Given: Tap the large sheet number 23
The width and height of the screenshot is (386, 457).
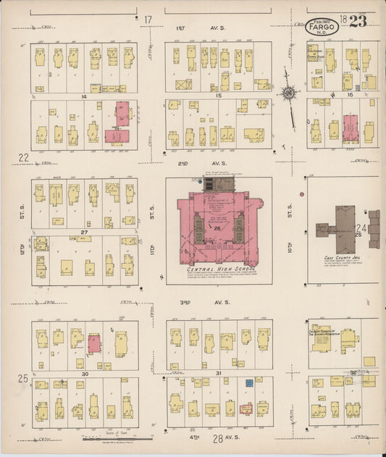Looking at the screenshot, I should [357, 20].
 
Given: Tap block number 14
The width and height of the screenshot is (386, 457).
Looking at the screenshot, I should [84, 96].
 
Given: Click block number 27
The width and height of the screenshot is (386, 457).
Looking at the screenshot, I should [84, 232].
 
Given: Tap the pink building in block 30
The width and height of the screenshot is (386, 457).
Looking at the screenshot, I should [94, 343].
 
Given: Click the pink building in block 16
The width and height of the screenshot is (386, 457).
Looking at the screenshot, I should [351, 127].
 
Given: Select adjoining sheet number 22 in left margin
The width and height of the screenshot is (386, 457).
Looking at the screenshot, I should [23, 157].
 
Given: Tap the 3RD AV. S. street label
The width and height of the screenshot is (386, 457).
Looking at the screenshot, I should [219, 301].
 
